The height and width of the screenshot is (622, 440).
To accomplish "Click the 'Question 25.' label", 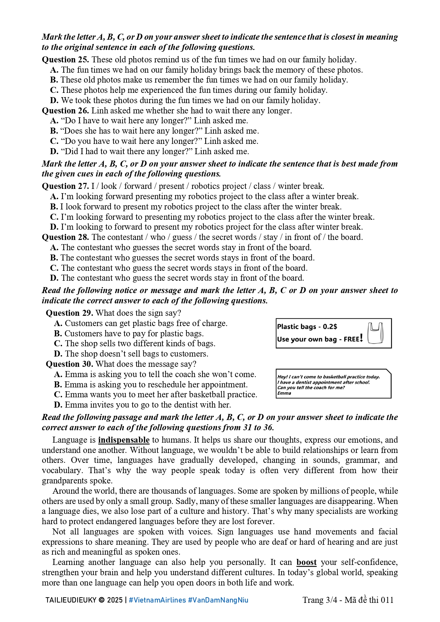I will tap(65, 60).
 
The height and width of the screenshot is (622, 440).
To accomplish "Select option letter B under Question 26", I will tap(54, 131).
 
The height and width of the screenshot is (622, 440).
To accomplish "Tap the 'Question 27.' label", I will tap(65, 186).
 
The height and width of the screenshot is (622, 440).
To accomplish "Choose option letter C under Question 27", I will tap(54, 217).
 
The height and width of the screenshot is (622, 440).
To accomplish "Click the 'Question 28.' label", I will tap(65, 237).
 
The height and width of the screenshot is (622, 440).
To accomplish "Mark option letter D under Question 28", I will tap(54, 278).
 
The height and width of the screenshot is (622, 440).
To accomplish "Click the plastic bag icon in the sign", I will tap(375, 333).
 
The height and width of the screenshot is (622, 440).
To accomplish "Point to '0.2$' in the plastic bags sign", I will tap(330, 327).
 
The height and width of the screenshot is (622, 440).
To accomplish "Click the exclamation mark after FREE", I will tap(361, 338).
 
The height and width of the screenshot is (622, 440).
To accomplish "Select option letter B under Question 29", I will tap(58, 334).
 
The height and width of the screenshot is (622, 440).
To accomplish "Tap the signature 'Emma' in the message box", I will tap(284, 393).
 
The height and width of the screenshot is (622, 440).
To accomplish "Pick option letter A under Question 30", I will tap(58, 375).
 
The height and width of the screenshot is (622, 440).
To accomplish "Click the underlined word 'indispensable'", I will tap(124, 440).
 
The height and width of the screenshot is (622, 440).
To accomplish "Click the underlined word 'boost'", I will tap(306, 562).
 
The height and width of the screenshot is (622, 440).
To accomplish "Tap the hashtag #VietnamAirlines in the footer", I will tap(157, 600).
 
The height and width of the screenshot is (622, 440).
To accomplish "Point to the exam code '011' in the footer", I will tap(387, 600).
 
